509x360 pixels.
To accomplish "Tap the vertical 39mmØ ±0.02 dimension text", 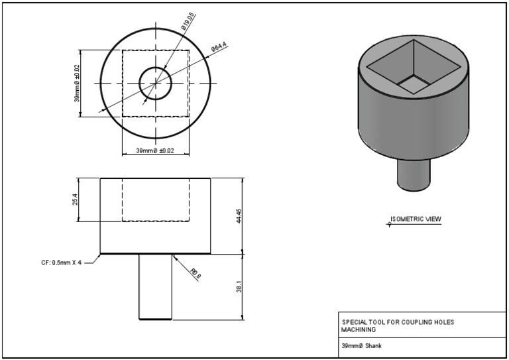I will click(x=77, y=83).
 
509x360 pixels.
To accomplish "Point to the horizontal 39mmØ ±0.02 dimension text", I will click(x=155, y=151).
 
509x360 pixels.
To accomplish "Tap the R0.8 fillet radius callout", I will click(x=194, y=272).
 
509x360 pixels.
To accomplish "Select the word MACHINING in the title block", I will click(x=359, y=330).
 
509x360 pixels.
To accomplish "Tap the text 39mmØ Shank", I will click(x=361, y=346).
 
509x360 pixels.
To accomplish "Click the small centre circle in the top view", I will click(x=155, y=83).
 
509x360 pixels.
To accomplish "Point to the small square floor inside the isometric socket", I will click(x=414, y=84).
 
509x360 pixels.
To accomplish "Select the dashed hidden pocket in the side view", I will click(x=155, y=200).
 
